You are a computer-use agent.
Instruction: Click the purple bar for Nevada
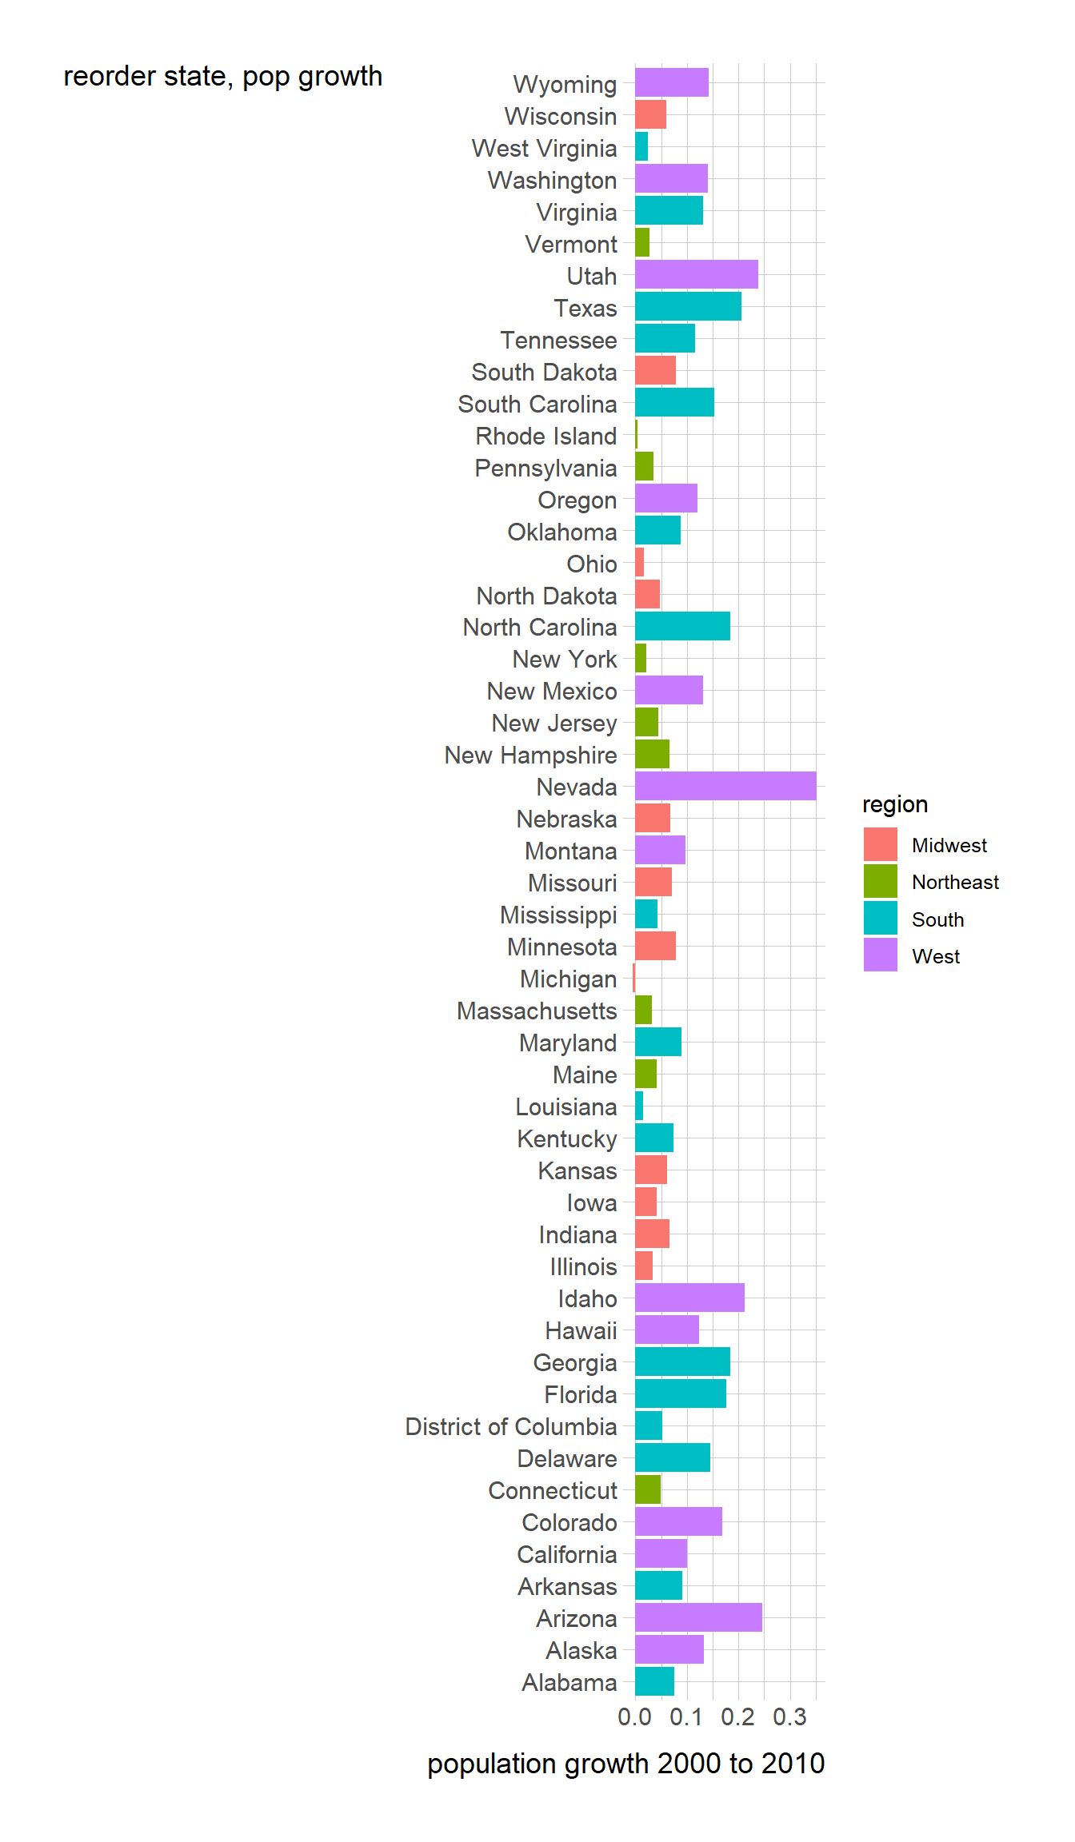click(725, 786)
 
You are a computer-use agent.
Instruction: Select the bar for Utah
click(696, 274)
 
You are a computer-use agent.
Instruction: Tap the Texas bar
click(688, 306)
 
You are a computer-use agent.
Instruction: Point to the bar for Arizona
click(697, 1617)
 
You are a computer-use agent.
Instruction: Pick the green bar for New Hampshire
click(652, 754)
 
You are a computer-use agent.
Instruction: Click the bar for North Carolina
click(682, 626)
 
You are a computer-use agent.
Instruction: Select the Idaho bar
click(689, 1298)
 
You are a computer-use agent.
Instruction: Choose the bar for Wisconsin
click(650, 114)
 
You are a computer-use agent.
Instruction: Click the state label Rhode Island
click(545, 436)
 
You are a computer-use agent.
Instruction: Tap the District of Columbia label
click(510, 1427)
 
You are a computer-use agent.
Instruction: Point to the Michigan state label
click(568, 979)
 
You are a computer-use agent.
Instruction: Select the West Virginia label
click(544, 149)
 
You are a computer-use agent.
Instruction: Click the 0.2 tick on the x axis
click(737, 1716)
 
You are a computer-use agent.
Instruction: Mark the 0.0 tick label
click(634, 1716)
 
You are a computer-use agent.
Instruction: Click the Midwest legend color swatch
click(880, 845)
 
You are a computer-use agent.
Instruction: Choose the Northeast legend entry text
click(955, 882)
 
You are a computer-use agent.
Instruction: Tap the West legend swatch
click(880, 955)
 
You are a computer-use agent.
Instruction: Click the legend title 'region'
click(894, 804)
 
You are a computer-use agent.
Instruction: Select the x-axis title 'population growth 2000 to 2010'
click(625, 1764)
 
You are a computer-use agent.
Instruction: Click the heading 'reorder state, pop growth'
click(222, 77)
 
